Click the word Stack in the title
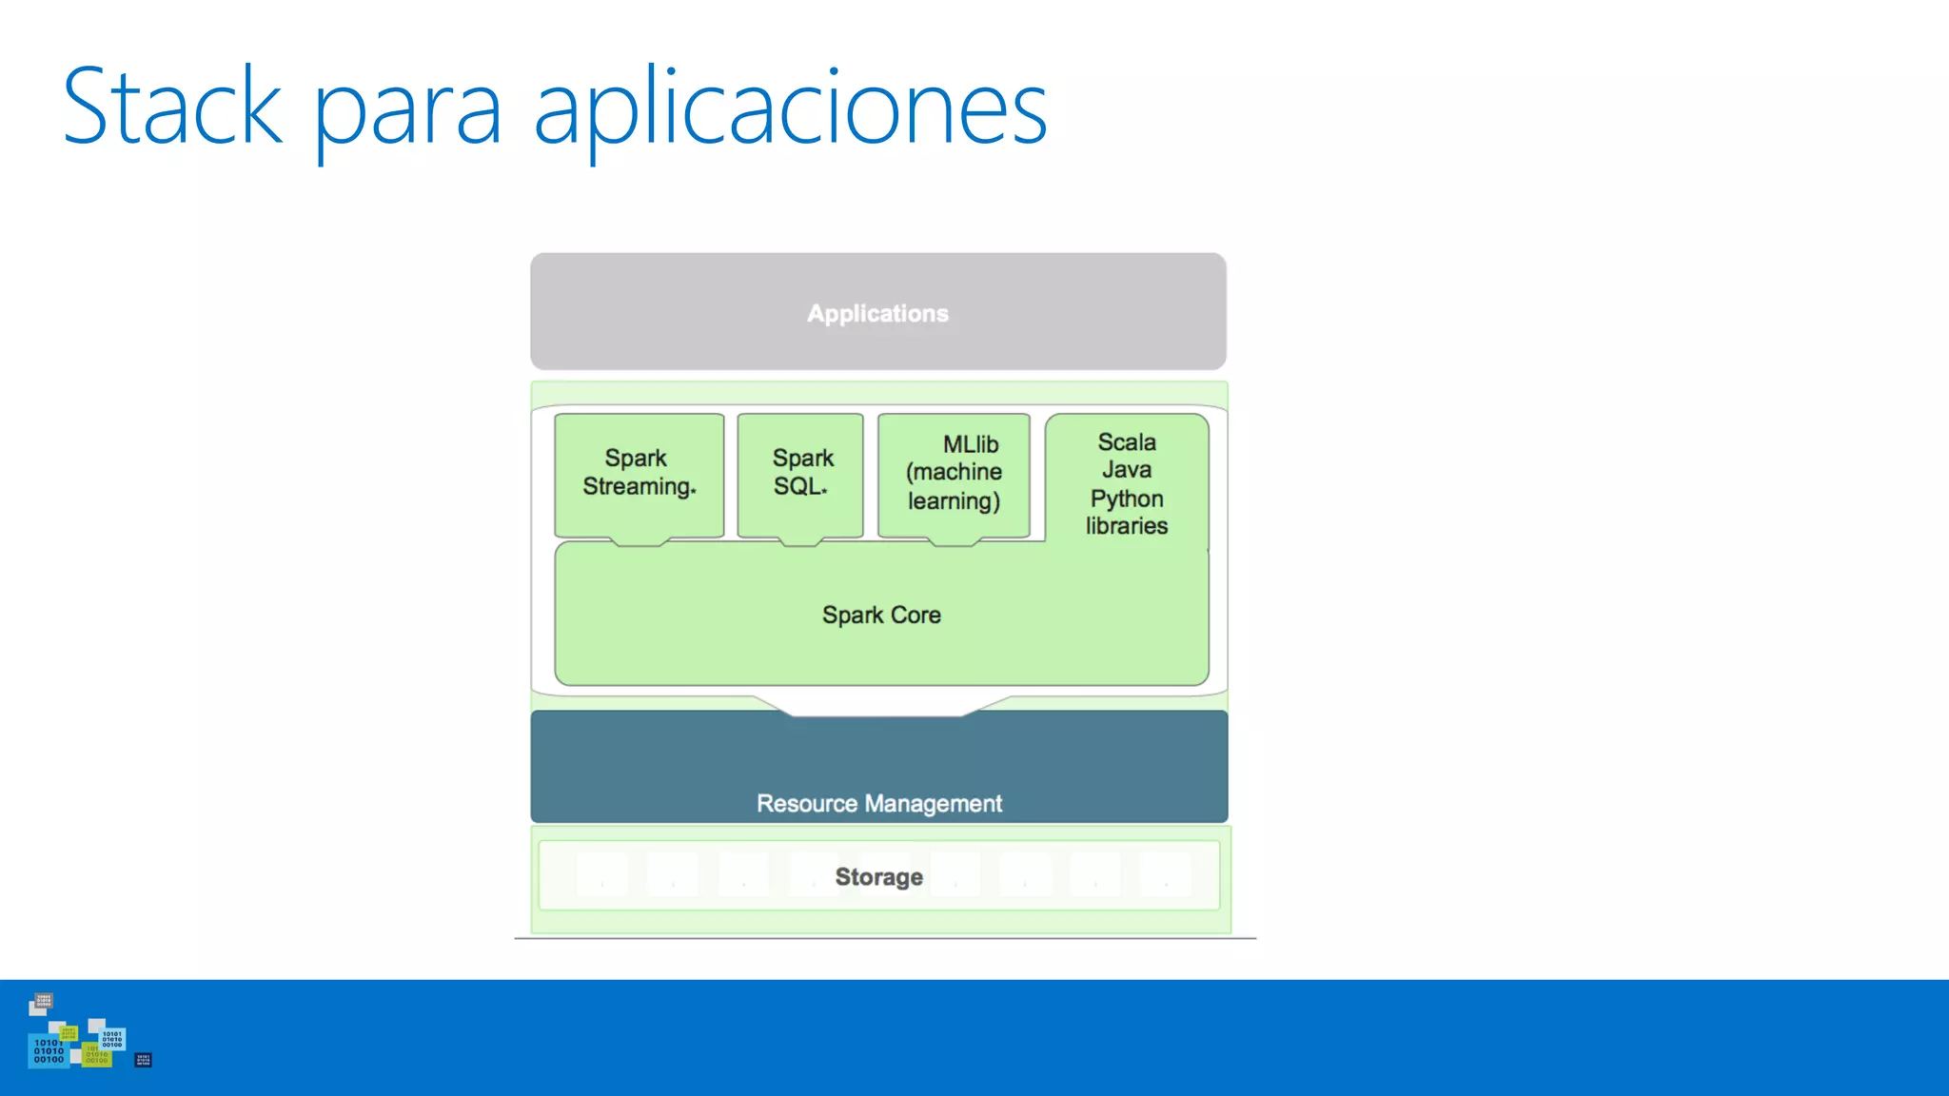click(172, 107)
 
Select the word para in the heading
click(407, 114)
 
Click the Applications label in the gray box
click(877, 314)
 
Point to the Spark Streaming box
click(639, 474)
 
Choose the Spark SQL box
click(800, 474)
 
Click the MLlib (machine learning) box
click(954, 474)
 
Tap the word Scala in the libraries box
click(1127, 442)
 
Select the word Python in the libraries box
click(1127, 499)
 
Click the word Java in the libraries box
click(1127, 470)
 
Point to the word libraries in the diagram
click(1127, 526)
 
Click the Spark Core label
click(881, 616)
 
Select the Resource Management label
click(879, 804)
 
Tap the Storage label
click(879, 877)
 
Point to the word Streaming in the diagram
click(638, 487)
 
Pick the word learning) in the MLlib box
click(954, 501)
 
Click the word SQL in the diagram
click(797, 487)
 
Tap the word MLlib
click(971, 444)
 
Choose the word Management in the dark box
click(933, 804)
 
